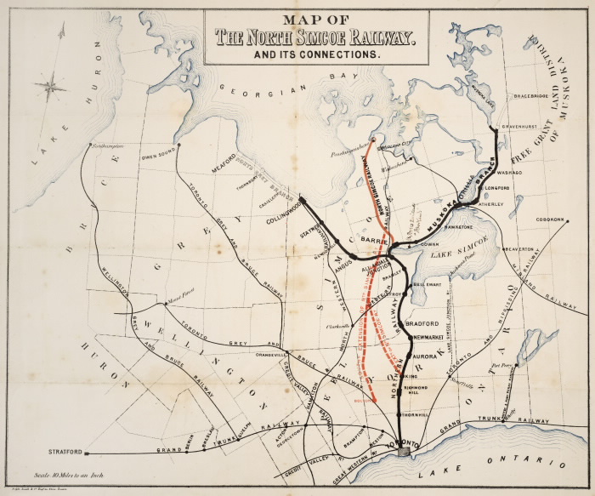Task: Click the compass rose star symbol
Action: pos(51,85)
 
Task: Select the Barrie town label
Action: pos(374,241)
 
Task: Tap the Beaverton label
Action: pos(524,249)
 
